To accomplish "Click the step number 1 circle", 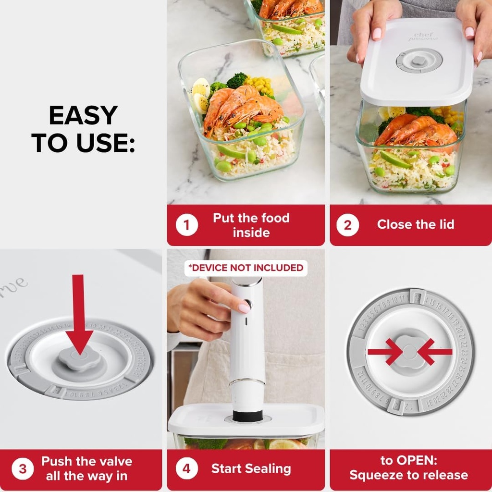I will [x=186, y=225].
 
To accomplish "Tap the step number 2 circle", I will [x=347, y=225].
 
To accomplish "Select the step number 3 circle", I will [x=23, y=469].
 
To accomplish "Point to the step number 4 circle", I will [x=186, y=469].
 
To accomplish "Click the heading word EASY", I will [x=83, y=116].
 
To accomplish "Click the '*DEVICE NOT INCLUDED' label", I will [x=246, y=268].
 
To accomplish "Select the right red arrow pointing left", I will [x=434, y=352].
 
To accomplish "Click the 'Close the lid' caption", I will [x=415, y=224].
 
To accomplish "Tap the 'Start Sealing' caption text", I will [x=251, y=469].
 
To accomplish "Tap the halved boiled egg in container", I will [x=200, y=95].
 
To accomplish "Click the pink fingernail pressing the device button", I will [x=245, y=308].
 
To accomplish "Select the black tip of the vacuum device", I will [x=247, y=415].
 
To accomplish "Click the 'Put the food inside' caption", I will [x=251, y=225].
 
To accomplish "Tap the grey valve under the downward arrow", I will [x=79, y=359].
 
